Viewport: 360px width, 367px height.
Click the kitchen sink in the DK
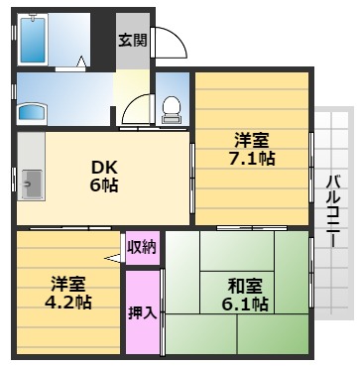click(31, 182)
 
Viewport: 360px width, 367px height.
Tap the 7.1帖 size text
click(252, 158)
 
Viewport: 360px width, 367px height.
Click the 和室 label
click(244, 286)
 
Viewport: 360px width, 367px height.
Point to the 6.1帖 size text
click(244, 305)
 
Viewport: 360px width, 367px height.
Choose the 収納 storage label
click(142, 246)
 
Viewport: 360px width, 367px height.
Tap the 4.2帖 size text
click(68, 302)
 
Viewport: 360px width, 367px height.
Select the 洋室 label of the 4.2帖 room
click(68, 283)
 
